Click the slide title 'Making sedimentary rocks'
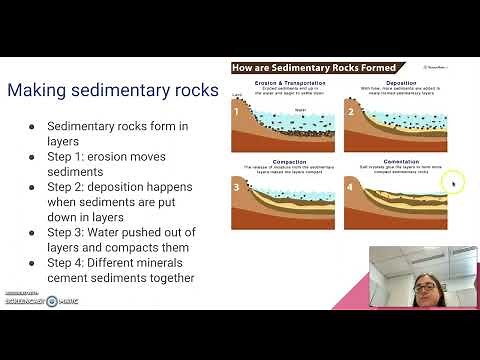(x=112, y=90)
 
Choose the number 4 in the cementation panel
(x=351, y=187)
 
